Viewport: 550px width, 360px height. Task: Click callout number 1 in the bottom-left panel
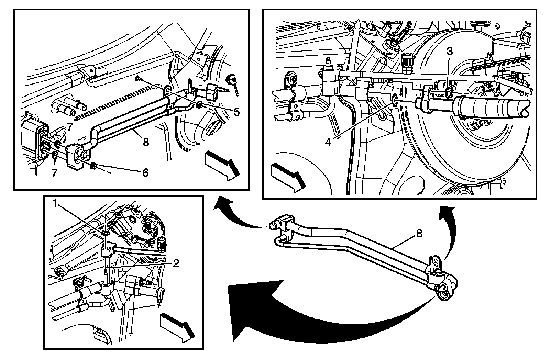click(x=55, y=203)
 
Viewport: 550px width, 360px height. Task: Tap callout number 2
click(x=176, y=263)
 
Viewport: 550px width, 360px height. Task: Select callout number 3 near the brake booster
click(x=449, y=51)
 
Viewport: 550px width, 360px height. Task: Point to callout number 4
click(x=328, y=141)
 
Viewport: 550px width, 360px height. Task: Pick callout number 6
click(x=145, y=172)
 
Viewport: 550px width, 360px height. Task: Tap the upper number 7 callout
click(x=70, y=127)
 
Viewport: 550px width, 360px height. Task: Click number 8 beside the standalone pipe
click(x=419, y=234)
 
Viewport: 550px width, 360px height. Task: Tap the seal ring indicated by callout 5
click(x=199, y=104)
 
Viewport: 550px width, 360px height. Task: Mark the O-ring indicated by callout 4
click(x=395, y=99)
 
